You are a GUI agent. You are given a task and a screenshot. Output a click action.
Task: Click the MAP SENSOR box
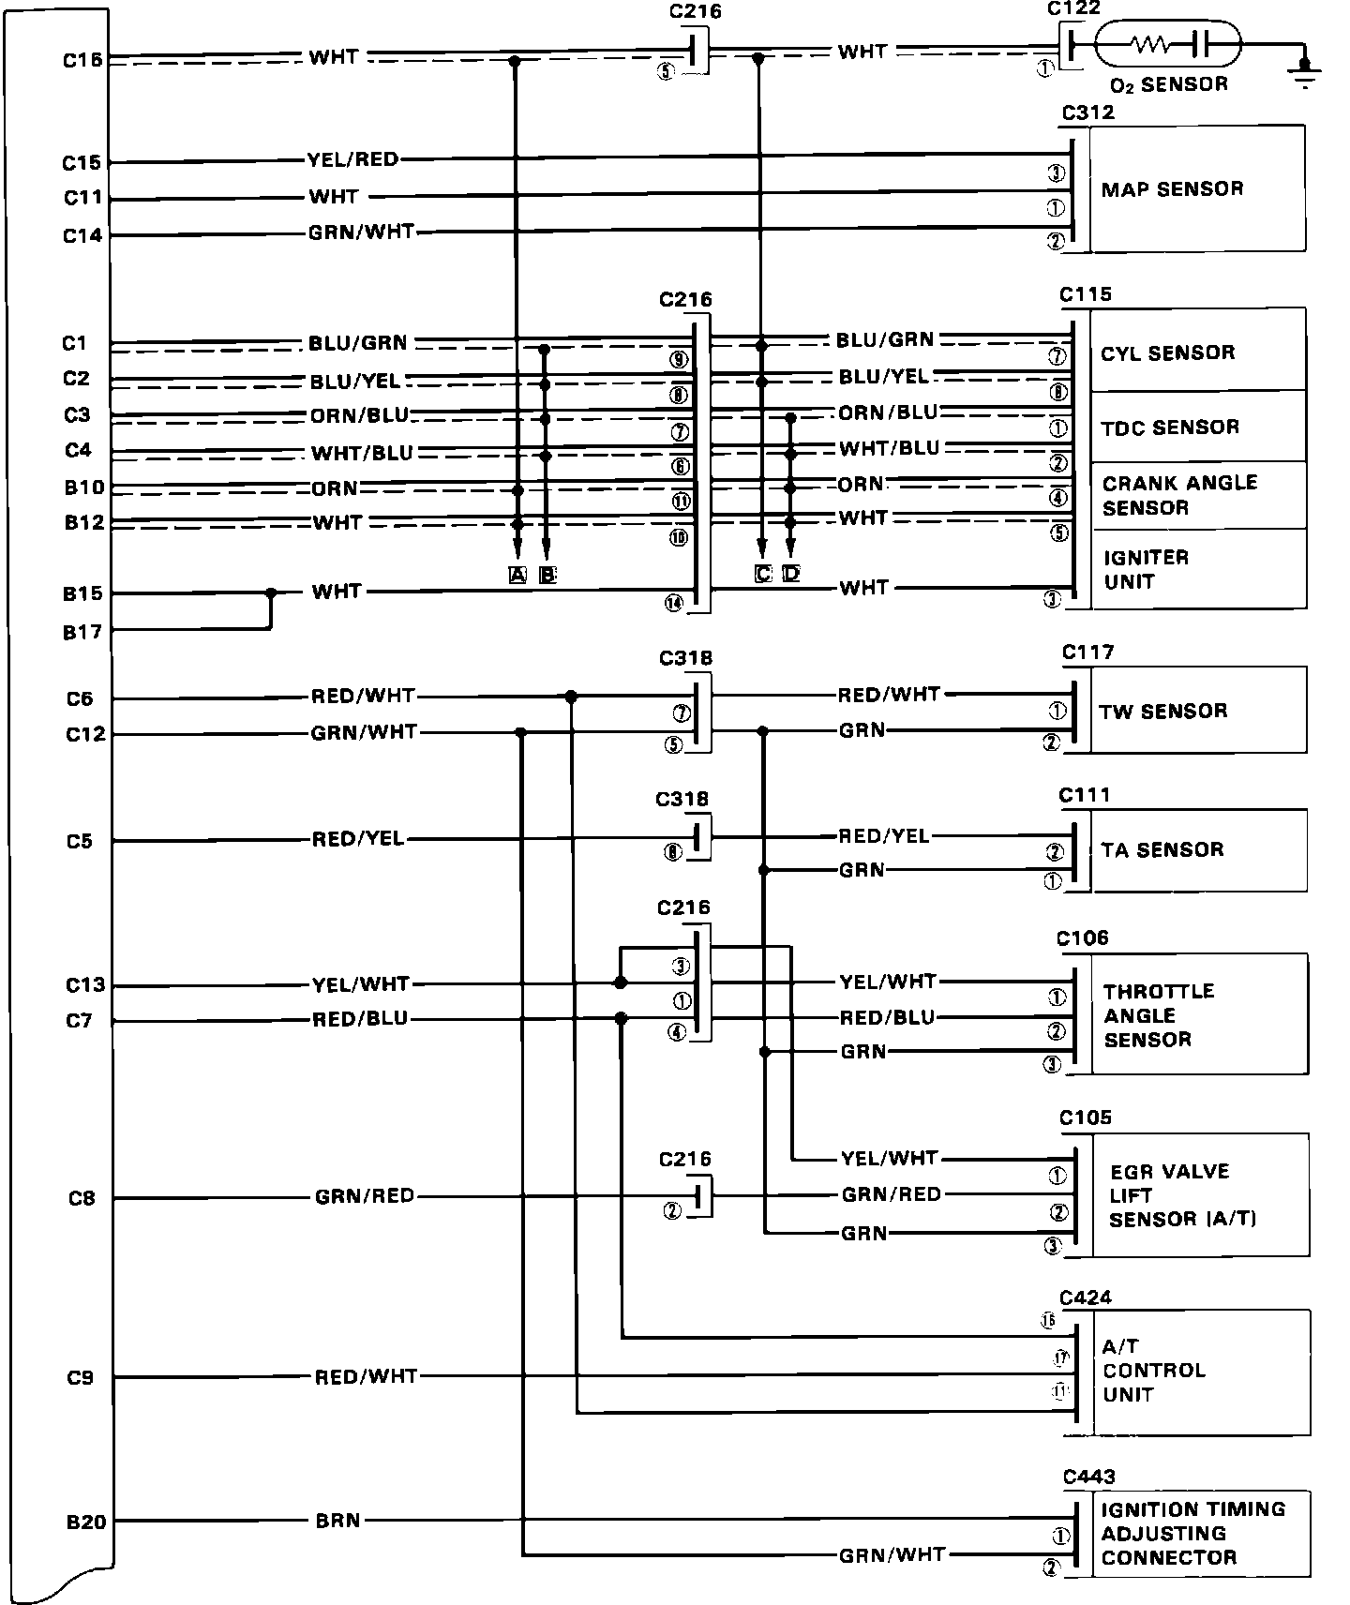pyautogui.click(x=1197, y=188)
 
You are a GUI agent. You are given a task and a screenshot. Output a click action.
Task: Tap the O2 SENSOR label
pyautogui.click(x=1168, y=84)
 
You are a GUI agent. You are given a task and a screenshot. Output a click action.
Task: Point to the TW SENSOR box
pyautogui.click(x=1197, y=710)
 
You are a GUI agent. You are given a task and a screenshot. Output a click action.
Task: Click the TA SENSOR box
pyautogui.click(x=1197, y=849)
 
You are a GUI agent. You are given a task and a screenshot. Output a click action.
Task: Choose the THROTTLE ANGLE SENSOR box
pyautogui.click(x=1198, y=1014)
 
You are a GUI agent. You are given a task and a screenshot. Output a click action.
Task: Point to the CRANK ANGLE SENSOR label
pyautogui.click(x=1179, y=495)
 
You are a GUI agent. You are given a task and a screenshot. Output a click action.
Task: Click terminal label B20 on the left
pyautogui.click(x=86, y=1522)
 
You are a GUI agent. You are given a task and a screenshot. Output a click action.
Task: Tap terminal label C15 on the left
pyautogui.click(x=82, y=163)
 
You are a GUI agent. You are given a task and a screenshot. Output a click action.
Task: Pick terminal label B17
pyautogui.click(x=82, y=632)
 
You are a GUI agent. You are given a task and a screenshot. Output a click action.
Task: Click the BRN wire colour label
pyautogui.click(x=337, y=1520)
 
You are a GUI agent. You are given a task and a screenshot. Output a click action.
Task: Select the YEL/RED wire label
pyautogui.click(x=352, y=159)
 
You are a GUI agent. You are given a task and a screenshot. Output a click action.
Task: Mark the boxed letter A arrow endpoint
pyautogui.click(x=517, y=575)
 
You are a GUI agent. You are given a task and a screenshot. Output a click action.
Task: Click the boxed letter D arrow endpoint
pyautogui.click(x=791, y=573)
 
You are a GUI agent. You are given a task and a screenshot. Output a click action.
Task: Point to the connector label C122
pyautogui.click(x=1073, y=8)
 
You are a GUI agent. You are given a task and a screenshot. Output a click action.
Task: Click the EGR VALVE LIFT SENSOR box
pyautogui.click(x=1199, y=1194)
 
